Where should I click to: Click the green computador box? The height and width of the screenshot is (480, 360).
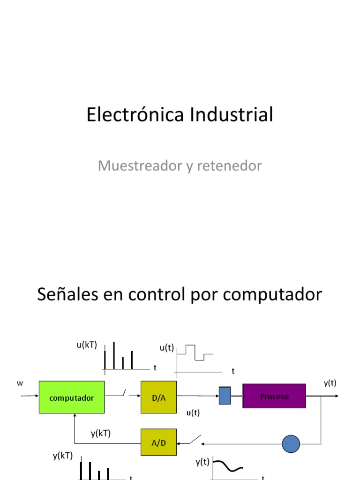pos(71,397)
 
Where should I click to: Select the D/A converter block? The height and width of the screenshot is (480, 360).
pos(158,397)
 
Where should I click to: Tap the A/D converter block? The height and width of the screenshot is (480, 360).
pos(158,442)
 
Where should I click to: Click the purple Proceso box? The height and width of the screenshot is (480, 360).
pos(274,396)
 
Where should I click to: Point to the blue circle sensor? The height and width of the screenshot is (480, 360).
pos(291,443)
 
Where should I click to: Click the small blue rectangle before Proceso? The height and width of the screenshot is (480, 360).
pos(225,395)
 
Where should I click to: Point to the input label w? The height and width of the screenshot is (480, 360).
pos(20,383)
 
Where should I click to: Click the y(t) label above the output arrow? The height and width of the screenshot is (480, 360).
pos(330,383)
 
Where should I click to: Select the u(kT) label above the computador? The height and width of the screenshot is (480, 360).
pos(87,345)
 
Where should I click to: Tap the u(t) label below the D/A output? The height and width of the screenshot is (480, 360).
pos(193,412)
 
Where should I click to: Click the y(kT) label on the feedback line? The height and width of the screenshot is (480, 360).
pos(101,434)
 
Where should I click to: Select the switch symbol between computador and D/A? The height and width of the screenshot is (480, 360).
pos(123,393)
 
